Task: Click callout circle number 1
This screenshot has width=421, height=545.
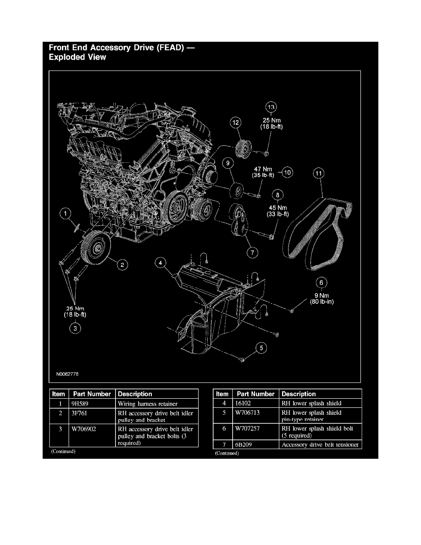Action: click(67, 213)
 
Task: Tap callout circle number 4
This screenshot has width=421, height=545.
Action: click(160, 263)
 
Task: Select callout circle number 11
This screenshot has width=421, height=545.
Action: click(319, 173)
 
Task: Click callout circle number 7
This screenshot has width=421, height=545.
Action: click(251, 252)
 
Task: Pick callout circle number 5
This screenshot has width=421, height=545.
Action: click(261, 348)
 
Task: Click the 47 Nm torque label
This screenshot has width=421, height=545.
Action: click(262, 169)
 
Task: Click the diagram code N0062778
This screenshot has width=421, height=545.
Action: click(67, 374)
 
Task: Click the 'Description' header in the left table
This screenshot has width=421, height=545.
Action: click(135, 394)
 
